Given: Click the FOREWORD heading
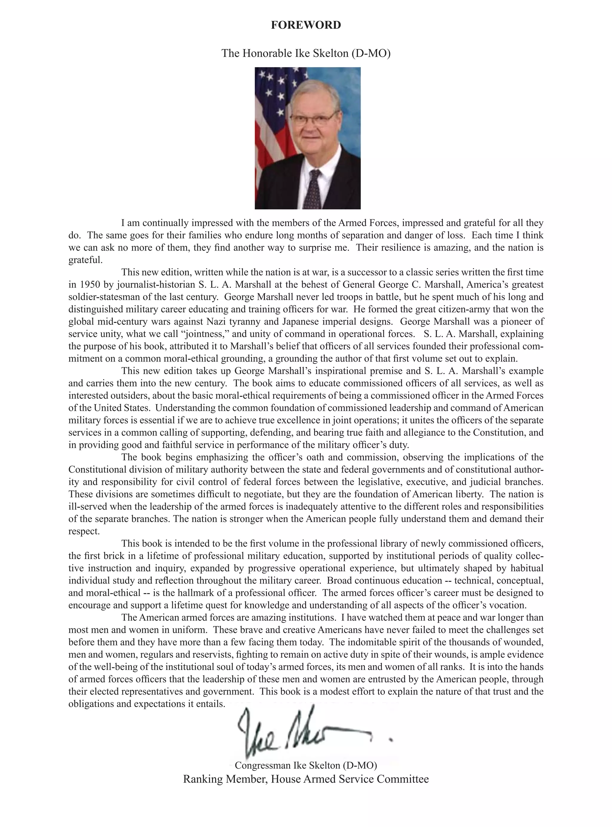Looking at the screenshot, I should [x=306, y=25].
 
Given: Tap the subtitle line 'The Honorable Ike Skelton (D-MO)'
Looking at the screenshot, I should [x=306, y=53].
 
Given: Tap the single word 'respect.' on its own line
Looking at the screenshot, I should [x=84, y=531].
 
